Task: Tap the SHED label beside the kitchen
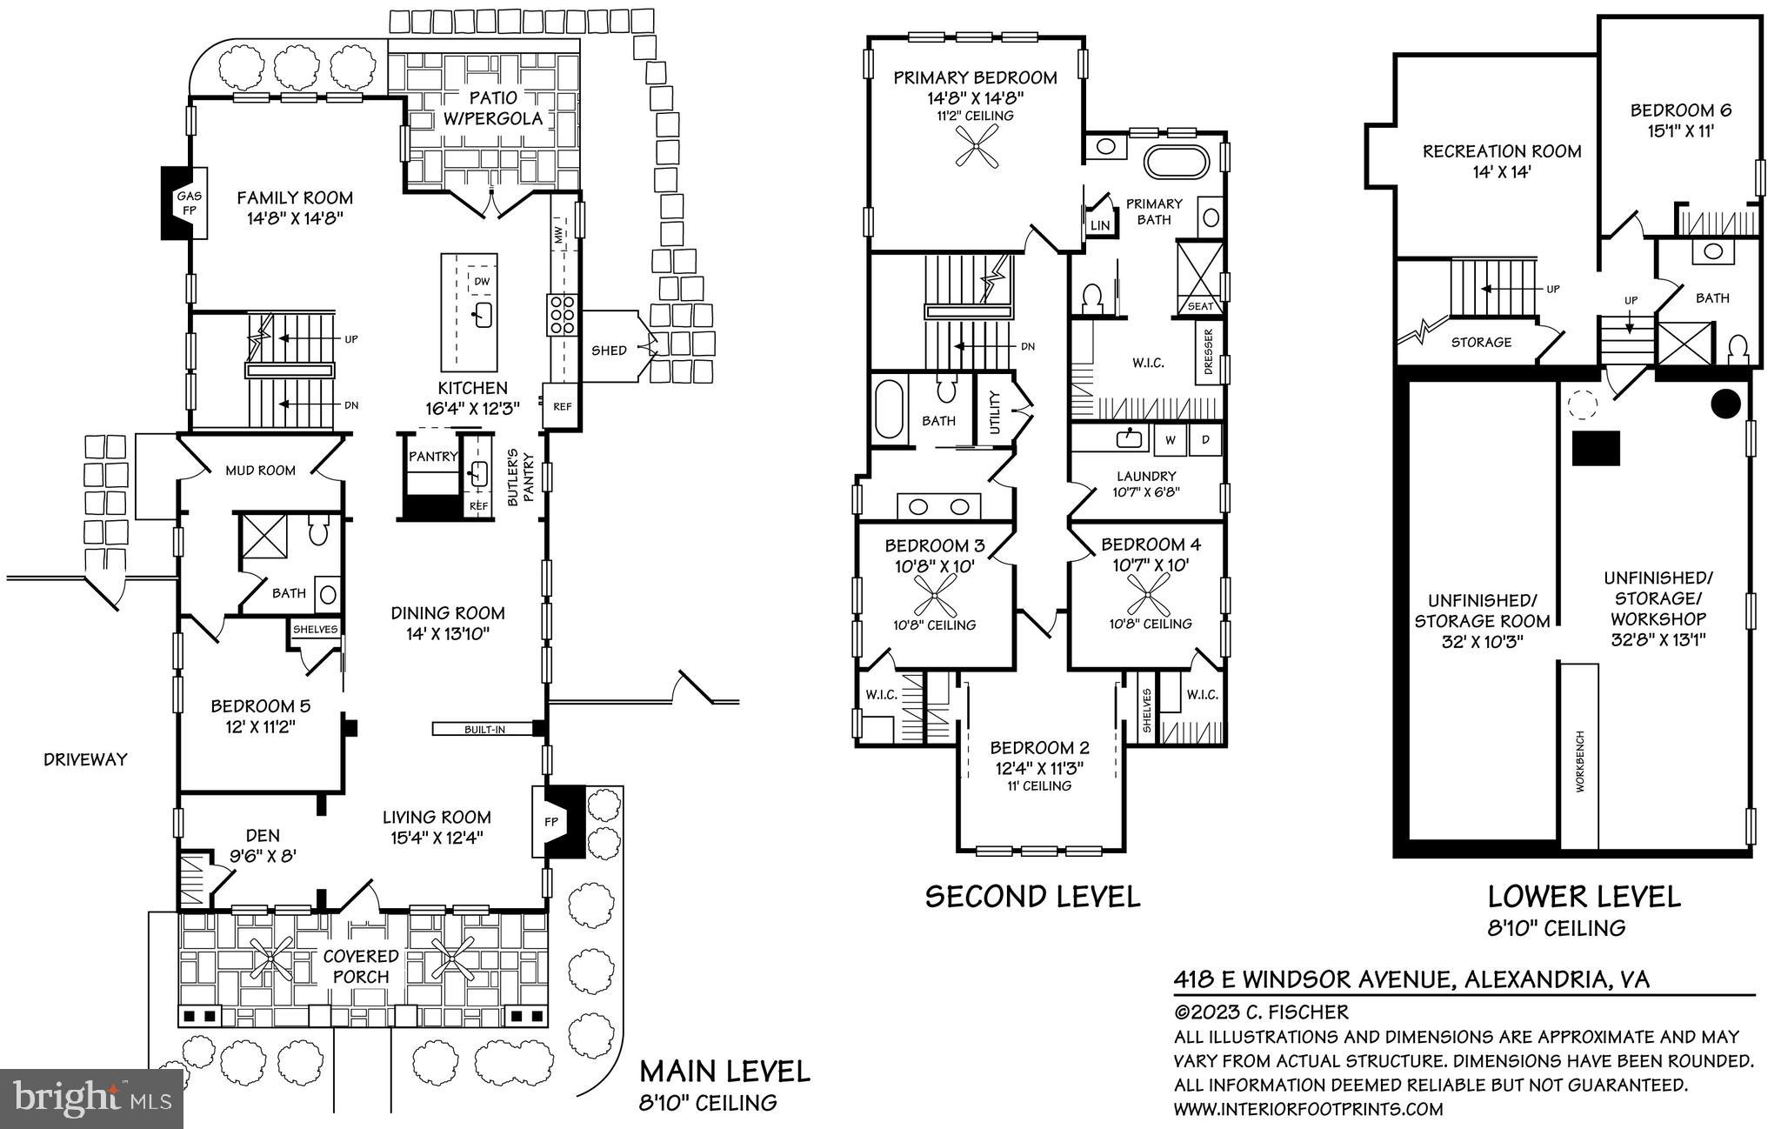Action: [x=609, y=351]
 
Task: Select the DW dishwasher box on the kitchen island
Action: [x=482, y=281]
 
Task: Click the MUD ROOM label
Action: [x=260, y=471]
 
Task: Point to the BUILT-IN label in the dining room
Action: [x=484, y=729]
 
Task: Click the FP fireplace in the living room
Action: [x=552, y=821]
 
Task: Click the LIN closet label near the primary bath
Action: [x=1100, y=225]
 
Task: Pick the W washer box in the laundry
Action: [x=1171, y=439]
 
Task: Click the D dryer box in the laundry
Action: [x=1205, y=439]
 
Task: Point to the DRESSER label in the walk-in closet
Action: [x=1209, y=352]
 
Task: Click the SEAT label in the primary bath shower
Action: [x=1200, y=306]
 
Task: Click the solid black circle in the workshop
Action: [x=1725, y=403]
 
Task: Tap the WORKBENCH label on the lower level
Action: [x=1580, y=760]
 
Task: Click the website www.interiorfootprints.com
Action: [x=1308, y=1109]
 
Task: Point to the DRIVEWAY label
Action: [x=85, y=759]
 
